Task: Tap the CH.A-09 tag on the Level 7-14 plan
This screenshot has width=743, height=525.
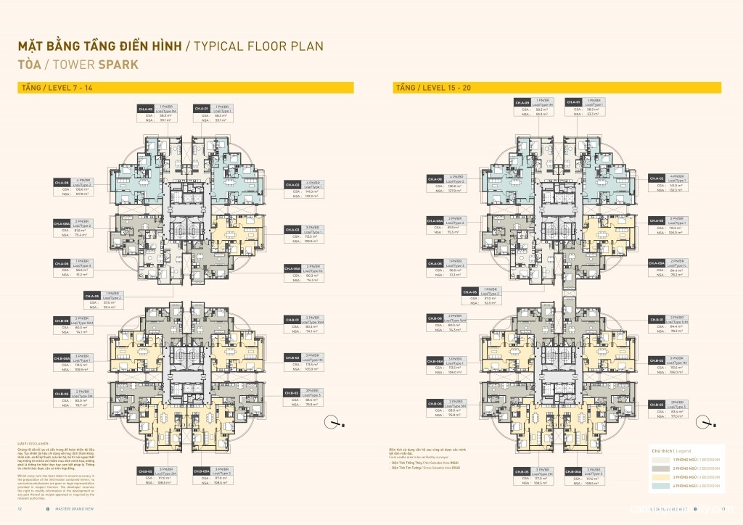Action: coord(145,109)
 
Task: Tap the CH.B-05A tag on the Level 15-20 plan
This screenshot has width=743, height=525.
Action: coord(573,471)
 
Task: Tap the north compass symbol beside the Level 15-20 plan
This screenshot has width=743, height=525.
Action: coord(705,423)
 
